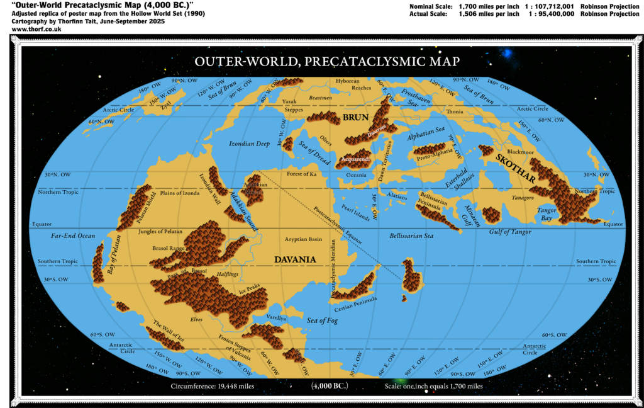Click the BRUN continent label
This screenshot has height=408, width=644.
[x=355, y=117]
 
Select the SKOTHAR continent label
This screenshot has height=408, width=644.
[x=515, y=168]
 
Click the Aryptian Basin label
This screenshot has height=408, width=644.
[x=303, y=239]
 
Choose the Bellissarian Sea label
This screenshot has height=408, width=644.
[x=411, y=235]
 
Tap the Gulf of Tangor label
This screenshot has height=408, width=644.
[x=510, y=232]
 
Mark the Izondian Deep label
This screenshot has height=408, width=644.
[x=249, y=144]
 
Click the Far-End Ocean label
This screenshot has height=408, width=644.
[x=73, y=235]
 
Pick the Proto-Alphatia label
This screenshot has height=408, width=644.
[x=431, y=159]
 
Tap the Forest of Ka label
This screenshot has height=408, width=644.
[x=302, y=173]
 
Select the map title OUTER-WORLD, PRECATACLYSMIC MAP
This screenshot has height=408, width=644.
[x=326, y=62]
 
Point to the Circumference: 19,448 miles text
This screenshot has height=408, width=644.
[x=212, y=385]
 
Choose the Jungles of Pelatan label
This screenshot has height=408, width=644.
[x=160, y=232]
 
